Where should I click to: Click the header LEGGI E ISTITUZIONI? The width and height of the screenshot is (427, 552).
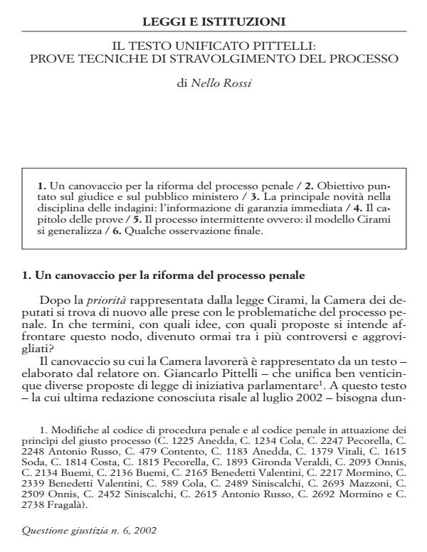[x=213, y=21]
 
